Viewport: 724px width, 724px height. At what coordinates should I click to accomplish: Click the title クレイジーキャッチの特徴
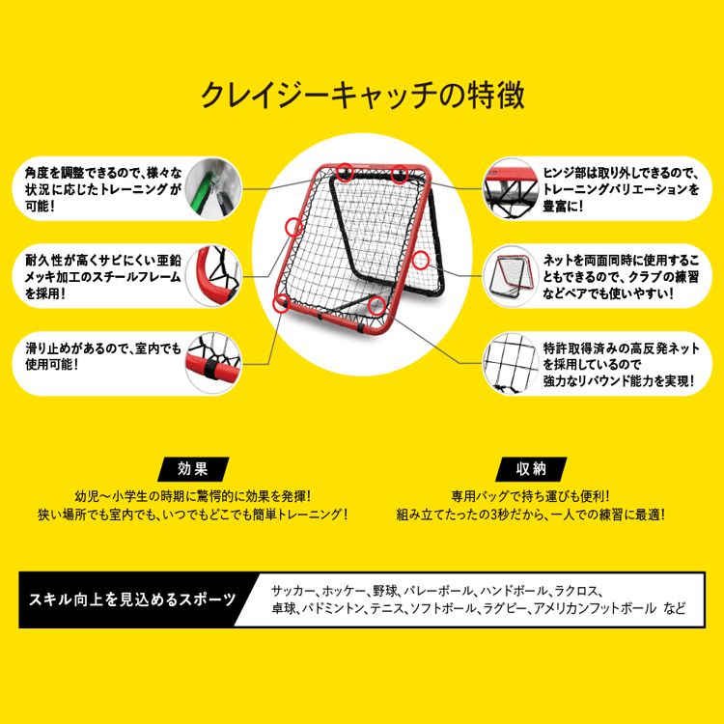pos(361,96)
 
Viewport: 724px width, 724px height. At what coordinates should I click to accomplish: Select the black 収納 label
pos(532,469)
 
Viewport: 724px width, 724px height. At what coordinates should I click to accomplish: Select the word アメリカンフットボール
pos(589,610)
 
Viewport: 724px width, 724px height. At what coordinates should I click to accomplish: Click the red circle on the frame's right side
pos(420,259)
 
